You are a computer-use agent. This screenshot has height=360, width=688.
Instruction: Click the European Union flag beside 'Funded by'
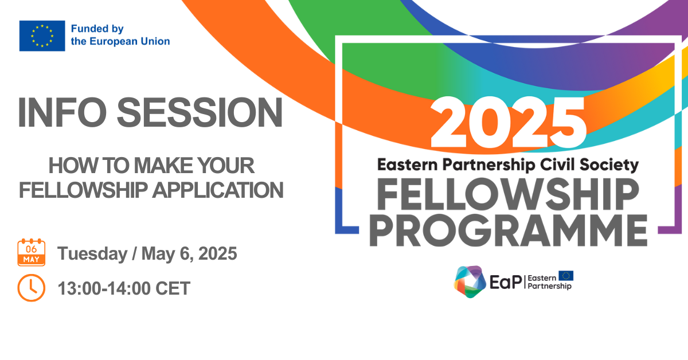(42, 36)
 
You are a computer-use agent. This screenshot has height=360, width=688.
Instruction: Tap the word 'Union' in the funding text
(155, 41)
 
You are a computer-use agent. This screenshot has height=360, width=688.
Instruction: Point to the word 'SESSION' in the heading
(200, 112)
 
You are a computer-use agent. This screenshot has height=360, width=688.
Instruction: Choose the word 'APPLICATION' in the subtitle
(218, 190)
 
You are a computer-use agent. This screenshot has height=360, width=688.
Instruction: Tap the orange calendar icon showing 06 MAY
(32, 252)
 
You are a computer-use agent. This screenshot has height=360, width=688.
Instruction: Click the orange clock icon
(32, 288)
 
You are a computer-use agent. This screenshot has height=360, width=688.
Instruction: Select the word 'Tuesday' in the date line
(92, 254)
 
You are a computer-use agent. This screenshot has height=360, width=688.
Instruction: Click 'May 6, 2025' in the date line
(189, 254)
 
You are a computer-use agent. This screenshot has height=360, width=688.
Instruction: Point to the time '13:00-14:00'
(104, 288)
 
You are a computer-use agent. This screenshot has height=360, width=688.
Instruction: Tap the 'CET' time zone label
(173, 288)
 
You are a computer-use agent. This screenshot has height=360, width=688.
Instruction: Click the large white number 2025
(509, 123)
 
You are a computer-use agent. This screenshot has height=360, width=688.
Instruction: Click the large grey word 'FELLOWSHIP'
(508, 194)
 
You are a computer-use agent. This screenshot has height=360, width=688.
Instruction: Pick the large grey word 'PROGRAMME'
(509, 230)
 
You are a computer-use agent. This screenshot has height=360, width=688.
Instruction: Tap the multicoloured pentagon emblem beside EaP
(470, 281)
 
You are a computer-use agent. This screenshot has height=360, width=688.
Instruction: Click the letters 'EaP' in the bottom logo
(506, 282)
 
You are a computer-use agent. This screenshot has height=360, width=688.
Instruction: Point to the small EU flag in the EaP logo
(566, 276)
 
